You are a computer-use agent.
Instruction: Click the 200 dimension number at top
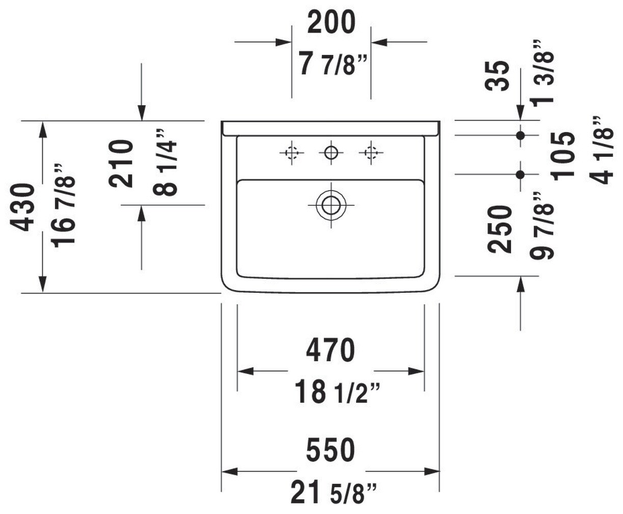(x=331, y=23)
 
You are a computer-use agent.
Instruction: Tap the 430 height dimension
(x=24, y=208)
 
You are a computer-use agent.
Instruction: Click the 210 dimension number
(x=122, y=164)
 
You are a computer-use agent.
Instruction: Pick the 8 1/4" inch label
(x=166, y=162)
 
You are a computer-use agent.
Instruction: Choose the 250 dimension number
(x=500, y=229)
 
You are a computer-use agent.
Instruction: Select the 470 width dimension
(x=331, y=350)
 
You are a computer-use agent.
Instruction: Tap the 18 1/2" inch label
(x=336, y=392)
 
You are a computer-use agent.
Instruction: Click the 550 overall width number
(x=331, y=450)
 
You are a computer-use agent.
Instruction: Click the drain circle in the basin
(x=331, y=205)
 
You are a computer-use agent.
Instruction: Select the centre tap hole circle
(x=331, y=152)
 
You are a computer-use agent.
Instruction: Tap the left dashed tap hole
(x=291, y=152)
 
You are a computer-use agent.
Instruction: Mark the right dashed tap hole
(x=370, y=152)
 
